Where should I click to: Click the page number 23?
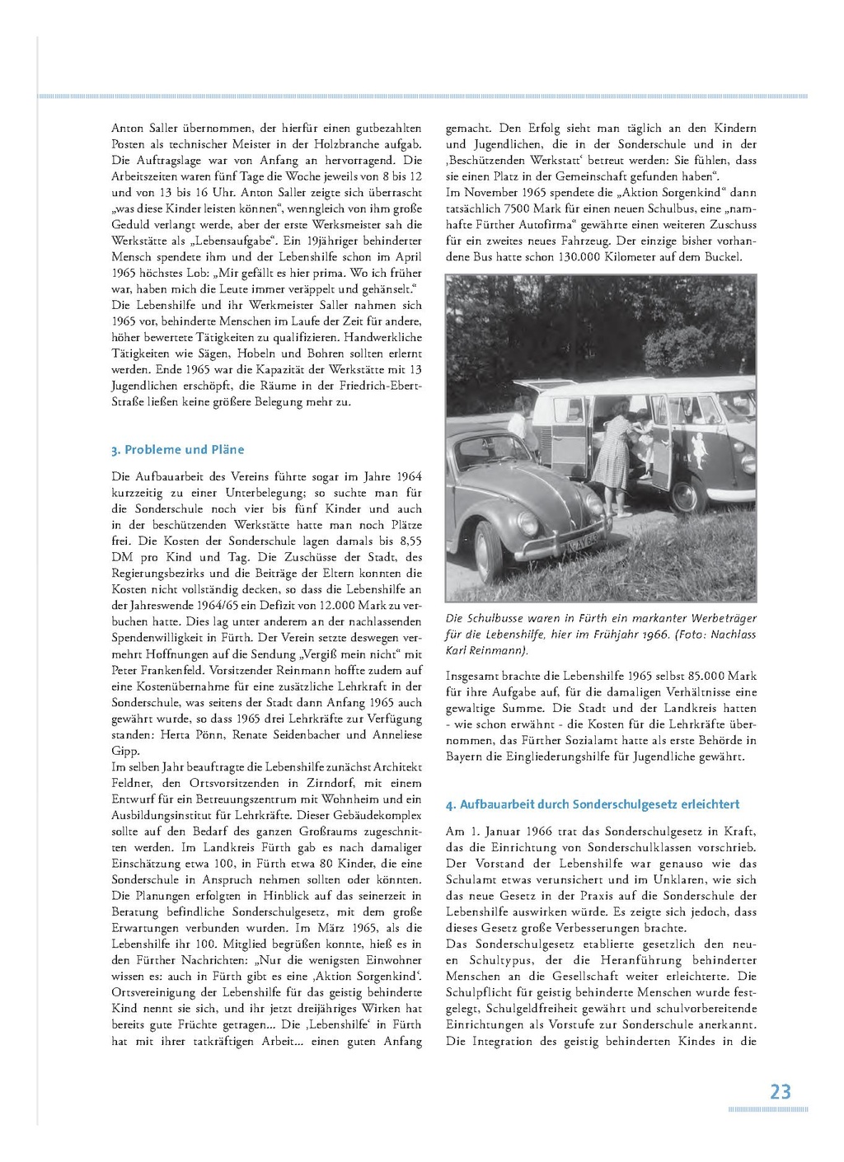[780, 1092]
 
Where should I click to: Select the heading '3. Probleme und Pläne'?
[178, 450]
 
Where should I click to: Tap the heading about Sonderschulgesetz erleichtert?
[593, 804]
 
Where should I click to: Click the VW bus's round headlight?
[748, 464]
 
